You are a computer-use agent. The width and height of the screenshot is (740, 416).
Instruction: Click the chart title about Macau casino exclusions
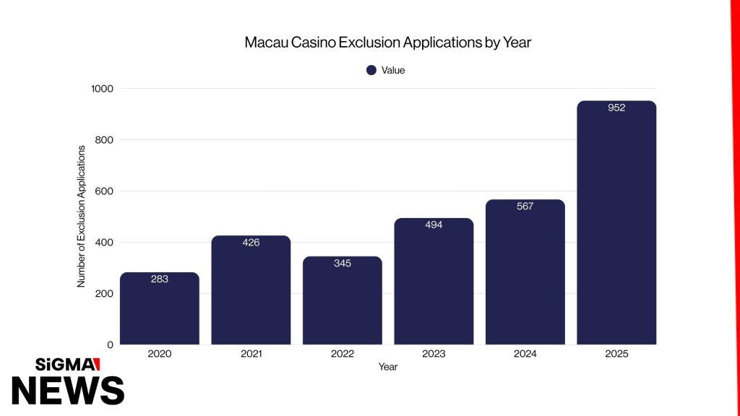coord(387,43)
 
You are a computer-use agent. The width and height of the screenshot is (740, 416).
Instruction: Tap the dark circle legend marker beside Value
coord(371,70)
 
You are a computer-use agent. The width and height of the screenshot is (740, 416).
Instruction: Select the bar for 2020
coord(159,311)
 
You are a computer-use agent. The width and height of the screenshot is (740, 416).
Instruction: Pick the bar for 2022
coord(342,303)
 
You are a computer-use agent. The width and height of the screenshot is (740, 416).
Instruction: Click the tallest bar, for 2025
coord(616,224)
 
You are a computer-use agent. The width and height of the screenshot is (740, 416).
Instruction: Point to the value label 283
coord(159,279)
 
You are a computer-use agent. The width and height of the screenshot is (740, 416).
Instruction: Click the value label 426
coord(251,243)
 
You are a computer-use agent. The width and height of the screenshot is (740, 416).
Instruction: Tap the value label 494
coord(434,225)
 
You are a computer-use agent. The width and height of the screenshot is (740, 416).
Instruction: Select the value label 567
coord(525,207)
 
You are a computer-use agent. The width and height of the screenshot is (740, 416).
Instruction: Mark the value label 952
coord(616,108)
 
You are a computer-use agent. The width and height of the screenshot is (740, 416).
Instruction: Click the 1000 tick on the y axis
coord(102,88)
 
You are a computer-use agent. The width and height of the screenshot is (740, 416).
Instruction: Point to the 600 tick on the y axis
coord(105,191)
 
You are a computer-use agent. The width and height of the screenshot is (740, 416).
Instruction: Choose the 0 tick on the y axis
coord(110,344)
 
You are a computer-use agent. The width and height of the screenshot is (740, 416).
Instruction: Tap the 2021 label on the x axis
coord(251,354)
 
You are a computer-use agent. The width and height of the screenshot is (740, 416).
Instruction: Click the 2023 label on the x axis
coord(434,354)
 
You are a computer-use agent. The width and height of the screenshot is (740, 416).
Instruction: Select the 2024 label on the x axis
coord(525,354)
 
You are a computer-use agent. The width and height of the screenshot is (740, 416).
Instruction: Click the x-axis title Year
coord(387,367)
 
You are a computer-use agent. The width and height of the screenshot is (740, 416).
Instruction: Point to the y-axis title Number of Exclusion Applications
coord(81,216)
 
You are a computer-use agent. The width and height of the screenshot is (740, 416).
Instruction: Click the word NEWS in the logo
coord(68,390)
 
